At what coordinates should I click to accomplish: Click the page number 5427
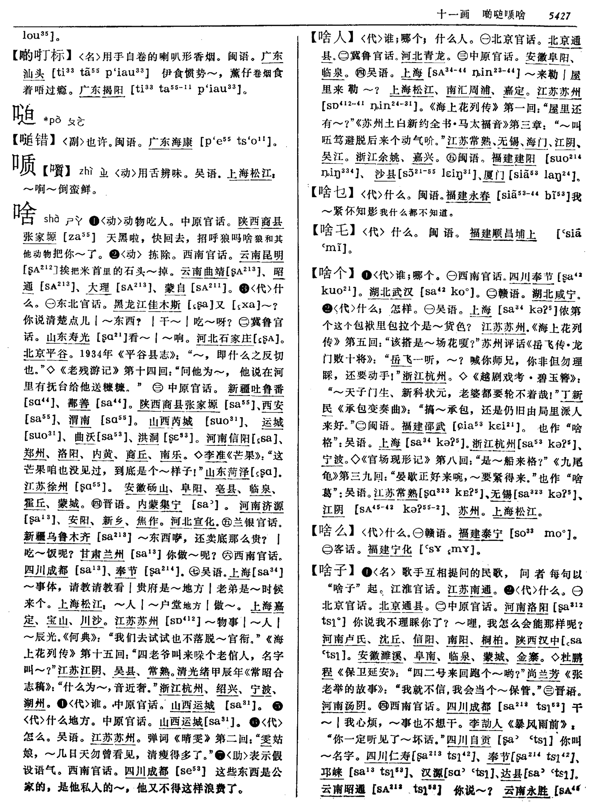(559, 15)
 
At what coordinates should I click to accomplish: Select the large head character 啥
(24, 214)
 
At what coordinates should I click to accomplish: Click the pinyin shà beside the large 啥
(51, 219)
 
